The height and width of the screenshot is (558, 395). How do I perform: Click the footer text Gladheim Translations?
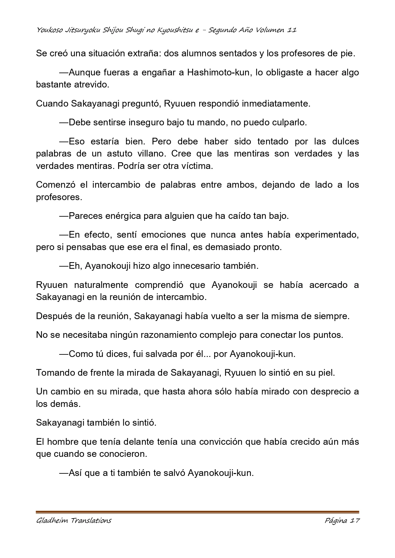click(x=74, y=521)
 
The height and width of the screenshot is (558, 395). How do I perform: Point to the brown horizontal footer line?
click(x=197, y=512)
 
